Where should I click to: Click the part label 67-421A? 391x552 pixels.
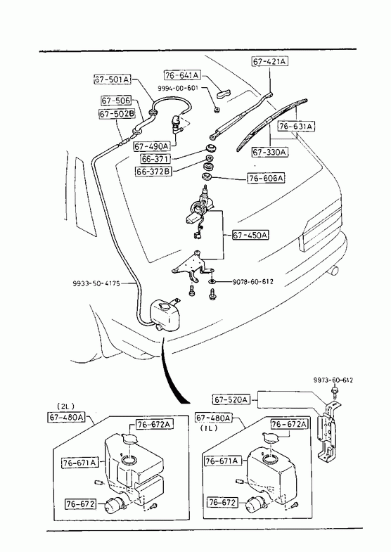(269, 61)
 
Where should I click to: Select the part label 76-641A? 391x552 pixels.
(182, 75)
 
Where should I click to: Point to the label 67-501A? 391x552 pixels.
(112, 79)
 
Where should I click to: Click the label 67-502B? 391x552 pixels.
(117, 114)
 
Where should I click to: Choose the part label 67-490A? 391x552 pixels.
(151, 146)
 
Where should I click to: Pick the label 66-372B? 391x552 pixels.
(154, 172)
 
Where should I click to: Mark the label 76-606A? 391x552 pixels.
(266, 178)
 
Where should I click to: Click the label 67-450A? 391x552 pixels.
(250, 235)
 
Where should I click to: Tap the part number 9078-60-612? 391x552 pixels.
(252, 282)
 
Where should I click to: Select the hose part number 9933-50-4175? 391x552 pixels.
(96, 283)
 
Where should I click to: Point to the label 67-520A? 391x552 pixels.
(231, 399)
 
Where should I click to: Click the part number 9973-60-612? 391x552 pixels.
(333, 380)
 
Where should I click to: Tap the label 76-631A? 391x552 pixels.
(296, 126)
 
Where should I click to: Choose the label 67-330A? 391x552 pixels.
(270, 152)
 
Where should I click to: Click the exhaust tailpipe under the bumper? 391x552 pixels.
(333, 271)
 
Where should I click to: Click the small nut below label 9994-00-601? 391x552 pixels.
(218, 110)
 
